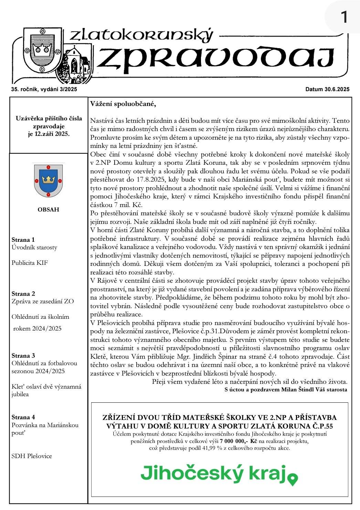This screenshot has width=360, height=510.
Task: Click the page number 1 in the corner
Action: click(344, 17)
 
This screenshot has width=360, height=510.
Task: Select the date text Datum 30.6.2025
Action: click(327, 89)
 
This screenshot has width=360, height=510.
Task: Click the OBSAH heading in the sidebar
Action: click(48, 209)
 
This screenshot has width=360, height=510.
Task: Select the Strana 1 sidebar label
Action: click(23, 240)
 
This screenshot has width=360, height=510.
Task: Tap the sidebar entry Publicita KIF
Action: click(30, 263)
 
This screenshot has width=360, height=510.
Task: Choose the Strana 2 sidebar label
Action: click(23, 294)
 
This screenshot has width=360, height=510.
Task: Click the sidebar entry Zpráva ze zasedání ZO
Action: click(43, 302)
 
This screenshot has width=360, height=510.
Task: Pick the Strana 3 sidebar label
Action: click(23, 356)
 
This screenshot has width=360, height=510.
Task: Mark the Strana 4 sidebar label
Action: click(23, 417)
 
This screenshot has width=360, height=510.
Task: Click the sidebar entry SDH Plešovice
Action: click(32, 456)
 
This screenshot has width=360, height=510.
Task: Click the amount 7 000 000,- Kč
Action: click(239, 441)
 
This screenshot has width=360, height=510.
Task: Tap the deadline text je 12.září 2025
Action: click(49, 134)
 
